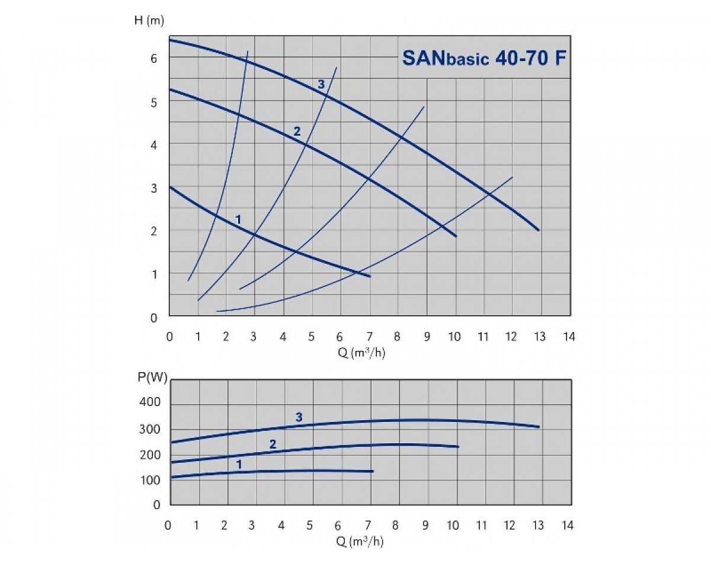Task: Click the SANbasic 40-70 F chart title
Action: pyautogui.click(x=483, y=57)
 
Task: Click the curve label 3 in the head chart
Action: pyautogui.click(x=322, y=84)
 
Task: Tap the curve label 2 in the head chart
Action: pyautogui.click(x=297, y=131)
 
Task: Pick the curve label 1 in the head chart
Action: pyautogui.click(x=238, y=219)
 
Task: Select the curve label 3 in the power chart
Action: pyautogui.click(x=299, y=418)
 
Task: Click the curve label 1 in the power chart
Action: pyautogui.click(x=239, y=464)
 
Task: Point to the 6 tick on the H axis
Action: pyautogui.click(x=153, y=57)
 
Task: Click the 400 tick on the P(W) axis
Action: pyautogui.click(x=149, y=403)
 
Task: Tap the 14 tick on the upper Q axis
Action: pyautogui.click(x=568, y=337)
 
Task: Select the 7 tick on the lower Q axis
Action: pyautogui.click(x=367, y=525)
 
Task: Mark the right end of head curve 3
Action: pyautogui.click(x=539, y=230)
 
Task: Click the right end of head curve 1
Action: pyautogui.click(x=370, y=276)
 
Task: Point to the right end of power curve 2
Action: pyautogui.click(x=458, y=446)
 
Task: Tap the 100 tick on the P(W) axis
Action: pyautogui.click(x=149, y=479)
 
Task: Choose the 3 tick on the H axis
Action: pyautogui.click(x=153, y=188)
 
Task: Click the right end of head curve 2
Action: pyautogui.click(x=456, y=236)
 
